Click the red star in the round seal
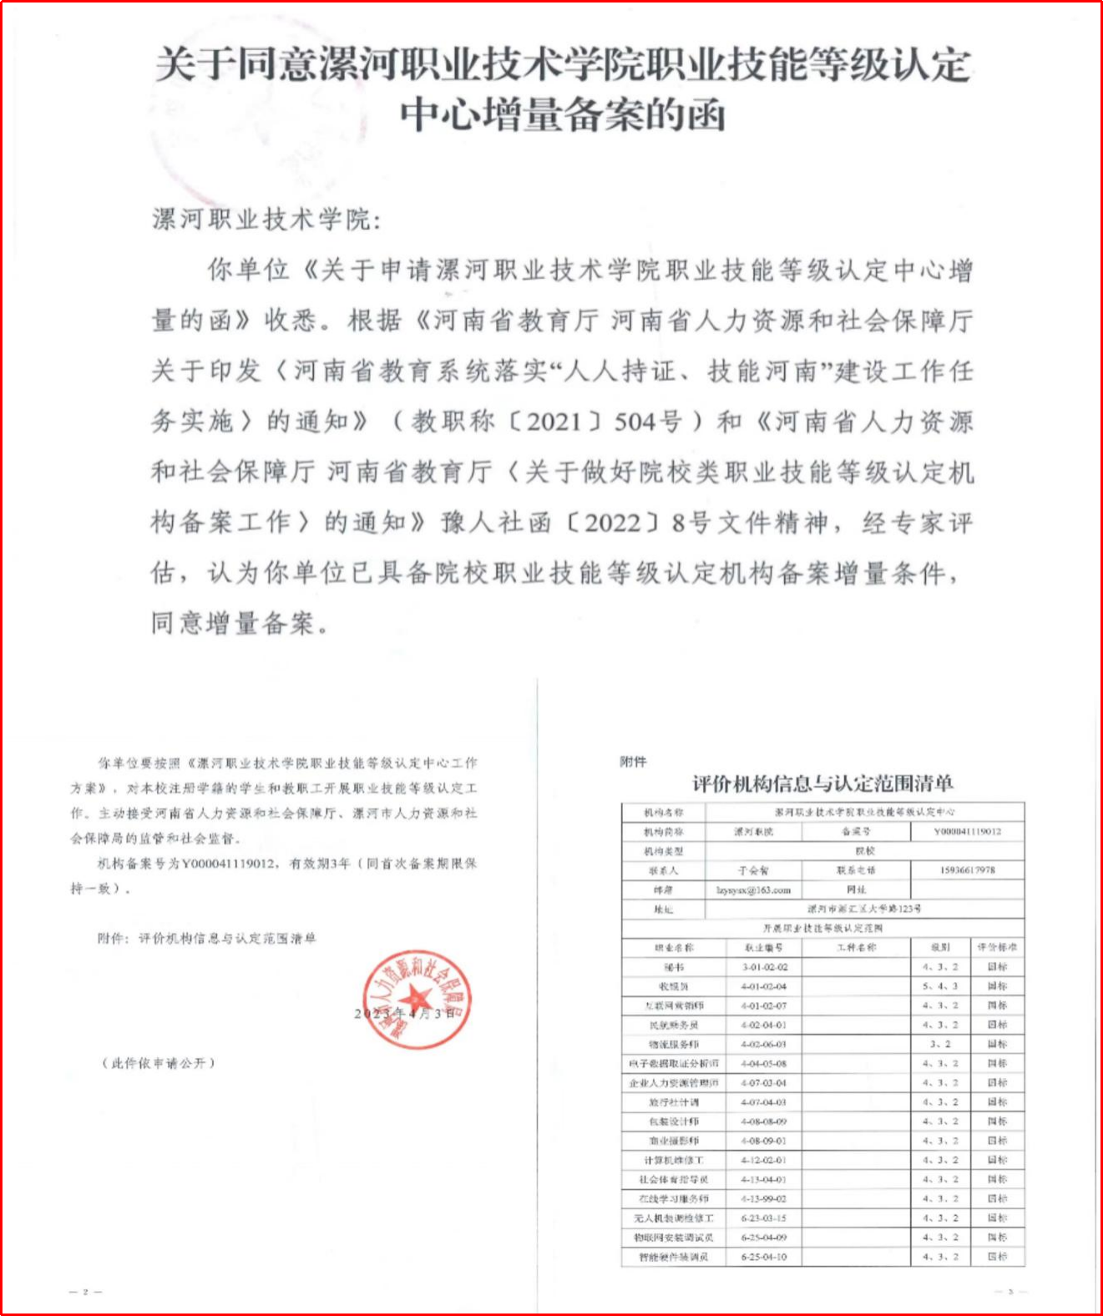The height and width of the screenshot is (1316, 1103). tap(416, 999)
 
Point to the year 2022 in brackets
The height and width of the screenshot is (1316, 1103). tap(612, 523)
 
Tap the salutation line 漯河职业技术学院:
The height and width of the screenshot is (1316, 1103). tap(266, 220)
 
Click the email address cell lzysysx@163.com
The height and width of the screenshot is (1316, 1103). tap(753, 890)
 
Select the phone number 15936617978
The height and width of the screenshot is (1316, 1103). tap(968, 870)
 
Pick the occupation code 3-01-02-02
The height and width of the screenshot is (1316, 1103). tap(764, 967)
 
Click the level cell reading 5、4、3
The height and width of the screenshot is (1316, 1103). tap(940, 986)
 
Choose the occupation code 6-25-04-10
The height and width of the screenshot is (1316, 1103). tap(764, 1257)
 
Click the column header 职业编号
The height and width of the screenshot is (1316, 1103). tap(764, 948)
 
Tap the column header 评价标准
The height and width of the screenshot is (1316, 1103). tap(998, 948)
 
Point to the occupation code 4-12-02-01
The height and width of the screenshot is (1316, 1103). tap(764, 1160)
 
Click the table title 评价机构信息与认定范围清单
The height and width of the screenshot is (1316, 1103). tap(822, 783)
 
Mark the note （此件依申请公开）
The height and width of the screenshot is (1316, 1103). tap(159, 1063)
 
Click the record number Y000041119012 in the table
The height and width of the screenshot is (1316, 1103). tap(968, 832)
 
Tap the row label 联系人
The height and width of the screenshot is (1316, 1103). tap(664, 870)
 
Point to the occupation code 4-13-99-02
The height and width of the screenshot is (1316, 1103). tap(764, 1198)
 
